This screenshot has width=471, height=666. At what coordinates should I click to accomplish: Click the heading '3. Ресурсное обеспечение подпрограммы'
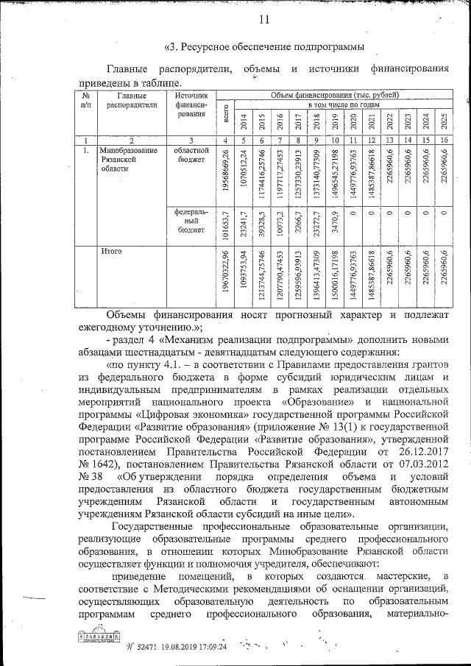pos(263,48)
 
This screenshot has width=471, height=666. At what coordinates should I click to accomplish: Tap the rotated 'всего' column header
pos(225,118)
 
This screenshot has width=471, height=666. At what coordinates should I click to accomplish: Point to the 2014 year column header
pos(242,121)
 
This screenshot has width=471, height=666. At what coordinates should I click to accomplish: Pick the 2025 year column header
pos(443,121)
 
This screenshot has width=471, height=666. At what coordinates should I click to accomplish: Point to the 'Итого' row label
pos(112,252)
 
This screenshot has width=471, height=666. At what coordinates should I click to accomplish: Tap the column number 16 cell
pos(443,140)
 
